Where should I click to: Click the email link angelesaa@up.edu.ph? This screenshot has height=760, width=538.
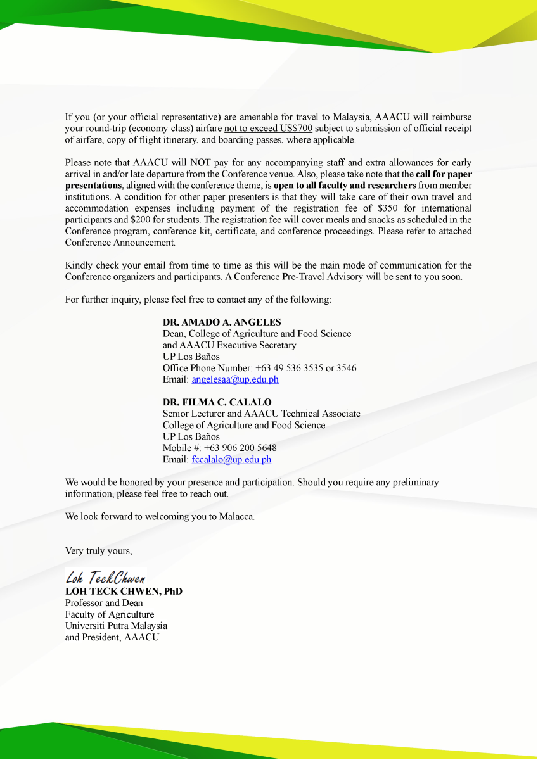pyautogui.click(x=235, y=379)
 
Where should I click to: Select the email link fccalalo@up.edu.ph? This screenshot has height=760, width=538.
pyautogui.click(x=231, y=460)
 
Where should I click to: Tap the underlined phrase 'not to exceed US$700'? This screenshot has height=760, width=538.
pyautogui.click(x=268, y=129)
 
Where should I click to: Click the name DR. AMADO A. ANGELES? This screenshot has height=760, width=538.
pyautogui.click(x=222, y=322)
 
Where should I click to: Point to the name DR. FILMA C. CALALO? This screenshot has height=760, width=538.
pyautogui.click(x=217, y=402)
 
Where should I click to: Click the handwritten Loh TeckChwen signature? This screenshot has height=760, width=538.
pyautogui.click(x=106, y=578)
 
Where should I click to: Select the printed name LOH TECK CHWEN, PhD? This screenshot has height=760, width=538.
pyautogui.click(x=124, y=591)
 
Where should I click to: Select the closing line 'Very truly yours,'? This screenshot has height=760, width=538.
pyautogui.click(x=99, y=550)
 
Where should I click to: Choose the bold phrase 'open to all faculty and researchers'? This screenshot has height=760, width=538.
pyautogui.click(x=345, y=185)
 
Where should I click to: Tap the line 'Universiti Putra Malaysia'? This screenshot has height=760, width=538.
pyautogui.click(x=116, y=626)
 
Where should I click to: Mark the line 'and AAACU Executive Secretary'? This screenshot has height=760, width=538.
pyautogui.click(x=229, y=345)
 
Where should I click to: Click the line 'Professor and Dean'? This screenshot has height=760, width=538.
pyautogui.click(x=104, y=603)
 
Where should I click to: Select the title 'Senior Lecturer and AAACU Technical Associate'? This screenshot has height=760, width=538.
pyautogui.click(x=261, y=414)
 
